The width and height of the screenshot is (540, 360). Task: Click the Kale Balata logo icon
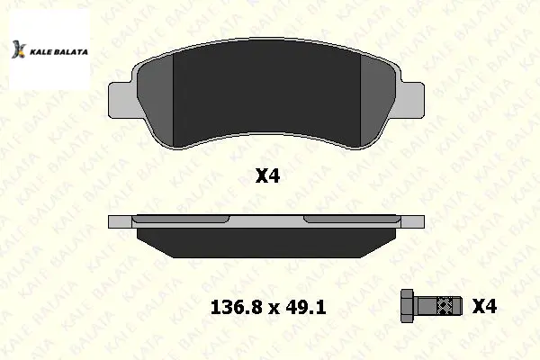(x=19, y=49)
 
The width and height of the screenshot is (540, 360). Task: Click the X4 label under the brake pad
(x=267, y=176)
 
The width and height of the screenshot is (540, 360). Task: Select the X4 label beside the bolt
(x=484, y=306)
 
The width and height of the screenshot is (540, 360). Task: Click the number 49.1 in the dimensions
(x=306, y=307)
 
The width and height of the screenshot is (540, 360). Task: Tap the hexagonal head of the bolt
(x=409, y=306)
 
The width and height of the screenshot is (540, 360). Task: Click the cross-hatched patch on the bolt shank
(x=445, y=306)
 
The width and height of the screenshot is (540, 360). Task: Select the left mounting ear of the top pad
(x=121, y=100)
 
